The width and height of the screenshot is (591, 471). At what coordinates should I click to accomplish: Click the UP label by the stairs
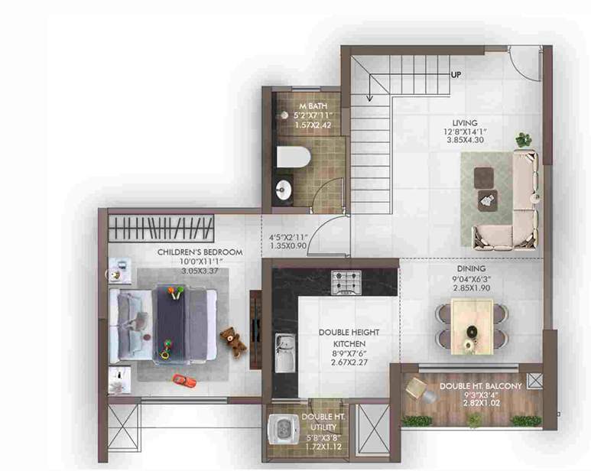(456, 75)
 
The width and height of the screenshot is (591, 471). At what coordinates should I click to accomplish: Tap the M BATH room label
(291, 106)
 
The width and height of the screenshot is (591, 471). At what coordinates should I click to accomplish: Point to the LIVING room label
(464, 122)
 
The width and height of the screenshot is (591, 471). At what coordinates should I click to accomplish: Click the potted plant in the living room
(524, 139)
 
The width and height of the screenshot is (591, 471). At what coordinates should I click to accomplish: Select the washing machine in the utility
(285, 432)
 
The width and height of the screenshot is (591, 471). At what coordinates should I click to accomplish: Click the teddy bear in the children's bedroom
(233, 340)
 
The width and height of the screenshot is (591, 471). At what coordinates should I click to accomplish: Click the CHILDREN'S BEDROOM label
(200, 252)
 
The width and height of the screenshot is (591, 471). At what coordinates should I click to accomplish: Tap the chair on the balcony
(417, 389)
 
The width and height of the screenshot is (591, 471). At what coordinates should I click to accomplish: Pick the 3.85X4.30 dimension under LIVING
(464, 141)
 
